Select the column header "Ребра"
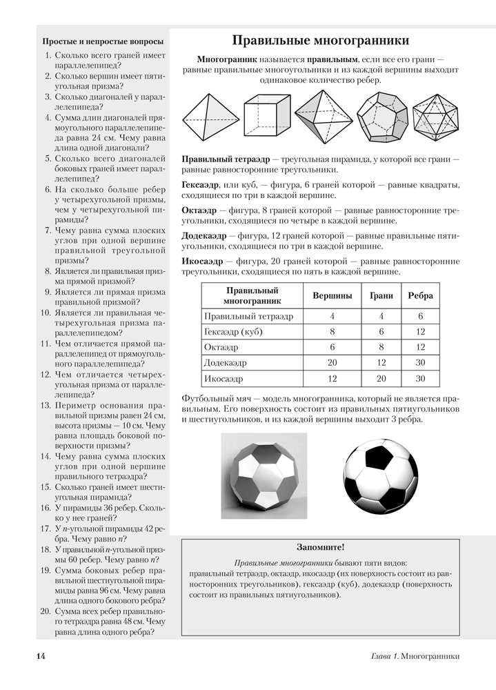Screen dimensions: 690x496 click(x=420, y=295)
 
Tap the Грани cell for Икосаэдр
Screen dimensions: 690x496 click(x=381, y=379)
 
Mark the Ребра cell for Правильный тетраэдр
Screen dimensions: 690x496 click(x=420, y=316)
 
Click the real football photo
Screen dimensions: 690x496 click(x=381, y=475)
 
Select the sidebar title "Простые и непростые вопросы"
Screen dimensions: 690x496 click(x=103, y=42)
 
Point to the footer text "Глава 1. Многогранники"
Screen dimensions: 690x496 click(x=411, y=656)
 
